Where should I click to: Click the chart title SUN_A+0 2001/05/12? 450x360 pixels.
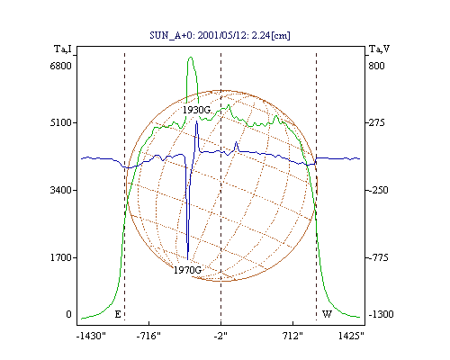[220, 35]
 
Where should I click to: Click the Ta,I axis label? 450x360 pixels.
[63, 49]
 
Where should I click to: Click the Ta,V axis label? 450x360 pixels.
[379, 49]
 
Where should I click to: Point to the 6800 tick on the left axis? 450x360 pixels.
[61, 66]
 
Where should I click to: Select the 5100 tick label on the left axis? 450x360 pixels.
[61, 122]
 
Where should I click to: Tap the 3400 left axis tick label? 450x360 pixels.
[61, 190]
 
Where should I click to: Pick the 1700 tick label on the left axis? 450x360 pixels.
[61, 257]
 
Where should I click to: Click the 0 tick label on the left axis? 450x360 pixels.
[68, 314]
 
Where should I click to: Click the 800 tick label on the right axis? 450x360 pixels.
[376, 66]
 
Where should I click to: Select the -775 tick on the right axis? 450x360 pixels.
[378, 257]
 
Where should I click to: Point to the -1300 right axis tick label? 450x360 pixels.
[381, 314]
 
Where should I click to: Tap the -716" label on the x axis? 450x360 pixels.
[148, 336]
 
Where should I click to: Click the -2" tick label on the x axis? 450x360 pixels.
[220, 336]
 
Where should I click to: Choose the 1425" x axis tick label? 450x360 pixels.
[351, 336]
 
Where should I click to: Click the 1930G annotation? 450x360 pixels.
[197, 110]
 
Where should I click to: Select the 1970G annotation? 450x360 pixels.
[188, 270]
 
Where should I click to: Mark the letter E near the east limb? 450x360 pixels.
[118, 314]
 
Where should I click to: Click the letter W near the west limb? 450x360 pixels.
[327, 314]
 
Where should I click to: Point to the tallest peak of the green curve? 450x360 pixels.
[191, 57]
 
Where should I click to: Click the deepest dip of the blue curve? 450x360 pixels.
[188, 259]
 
